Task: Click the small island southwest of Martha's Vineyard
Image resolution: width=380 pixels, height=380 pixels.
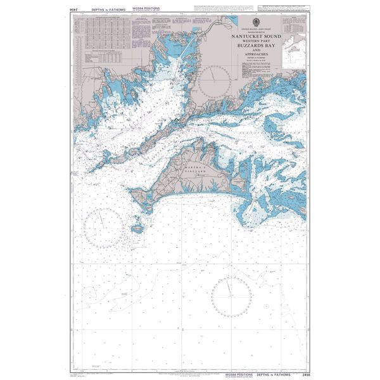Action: tap(137, 226)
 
